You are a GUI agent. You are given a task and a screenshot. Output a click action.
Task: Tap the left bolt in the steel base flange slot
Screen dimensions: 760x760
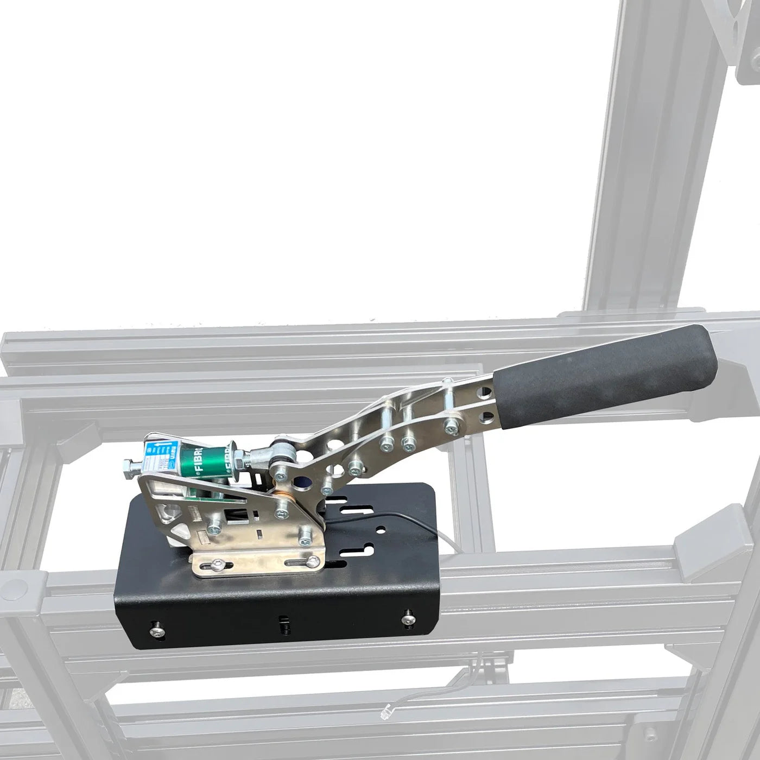(219, 565)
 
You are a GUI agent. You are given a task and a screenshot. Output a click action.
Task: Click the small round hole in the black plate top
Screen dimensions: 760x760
(382, 528)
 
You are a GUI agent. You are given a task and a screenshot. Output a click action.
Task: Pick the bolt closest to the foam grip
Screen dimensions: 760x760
(450, 426)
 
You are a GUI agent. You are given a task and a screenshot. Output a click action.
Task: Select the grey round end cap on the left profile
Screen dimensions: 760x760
(16, 587)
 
